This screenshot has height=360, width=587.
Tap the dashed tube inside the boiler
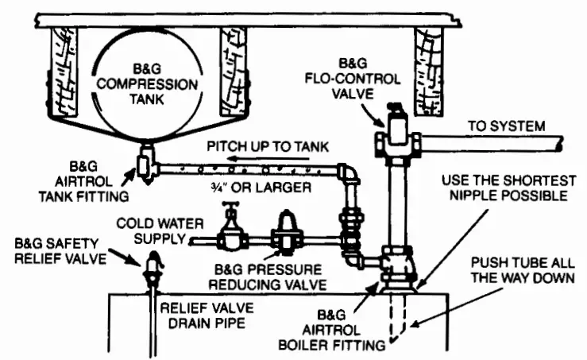coord(396,318)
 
